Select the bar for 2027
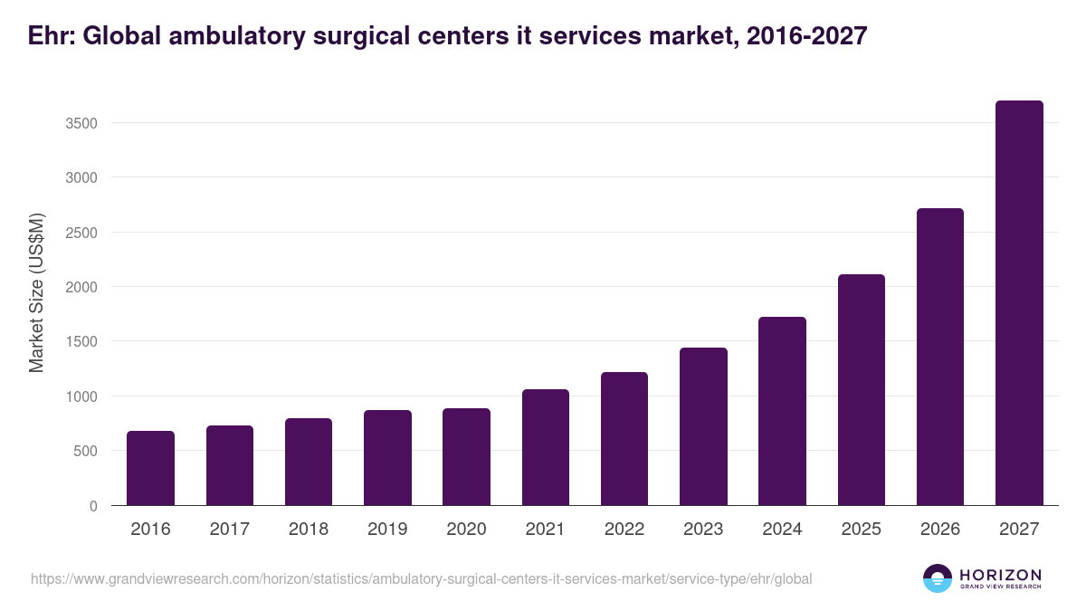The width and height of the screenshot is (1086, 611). coord(1019,303)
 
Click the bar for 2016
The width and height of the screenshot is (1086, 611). coord(150,468)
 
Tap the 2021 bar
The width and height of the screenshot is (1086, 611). coord(545,447)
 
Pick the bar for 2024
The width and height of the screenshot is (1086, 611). coord(782,411)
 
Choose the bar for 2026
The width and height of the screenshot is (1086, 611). coord(939,357)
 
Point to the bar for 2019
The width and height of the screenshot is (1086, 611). coord(387,458)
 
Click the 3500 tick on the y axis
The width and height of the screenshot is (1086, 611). coord(81,123)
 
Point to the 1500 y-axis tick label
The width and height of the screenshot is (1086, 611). coord(81,342)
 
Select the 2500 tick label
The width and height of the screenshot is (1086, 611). coord(81,233)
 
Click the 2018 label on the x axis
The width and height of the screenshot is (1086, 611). coord(308,529)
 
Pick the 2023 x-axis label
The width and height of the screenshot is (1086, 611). coord(703,529)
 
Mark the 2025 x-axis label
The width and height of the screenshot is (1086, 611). coord(861,529)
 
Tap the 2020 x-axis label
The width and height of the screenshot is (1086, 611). coord(466,529)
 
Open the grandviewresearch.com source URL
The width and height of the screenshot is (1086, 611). coord(422,578)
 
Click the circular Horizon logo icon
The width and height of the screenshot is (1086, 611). coord(937,578)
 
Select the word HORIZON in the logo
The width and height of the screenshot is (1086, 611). coord(1000,574)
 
